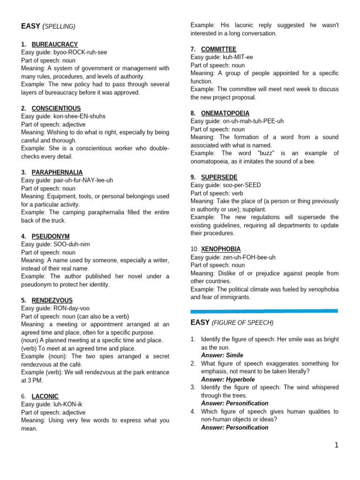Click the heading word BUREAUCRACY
[x=54, y=45]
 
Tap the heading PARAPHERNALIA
[x=57, y=172]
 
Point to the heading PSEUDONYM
[x=51, y=236]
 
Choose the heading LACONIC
[x=45, y=396]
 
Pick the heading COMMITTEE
[x=218, y=49]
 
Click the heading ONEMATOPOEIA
[x=225, y=113]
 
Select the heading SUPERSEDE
[x=219, y=177]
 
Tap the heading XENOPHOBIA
[x=221, y=249]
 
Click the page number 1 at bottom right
[x=336, y=445]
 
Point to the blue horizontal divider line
[x=264, y=311]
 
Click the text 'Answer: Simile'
[x=222, y=355]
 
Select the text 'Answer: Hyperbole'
[x=228, y=379]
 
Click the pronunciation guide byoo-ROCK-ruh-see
[x=81, y=52]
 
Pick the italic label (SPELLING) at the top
[x=59, y=27]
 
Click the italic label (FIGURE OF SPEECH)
[x=242, y=322]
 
